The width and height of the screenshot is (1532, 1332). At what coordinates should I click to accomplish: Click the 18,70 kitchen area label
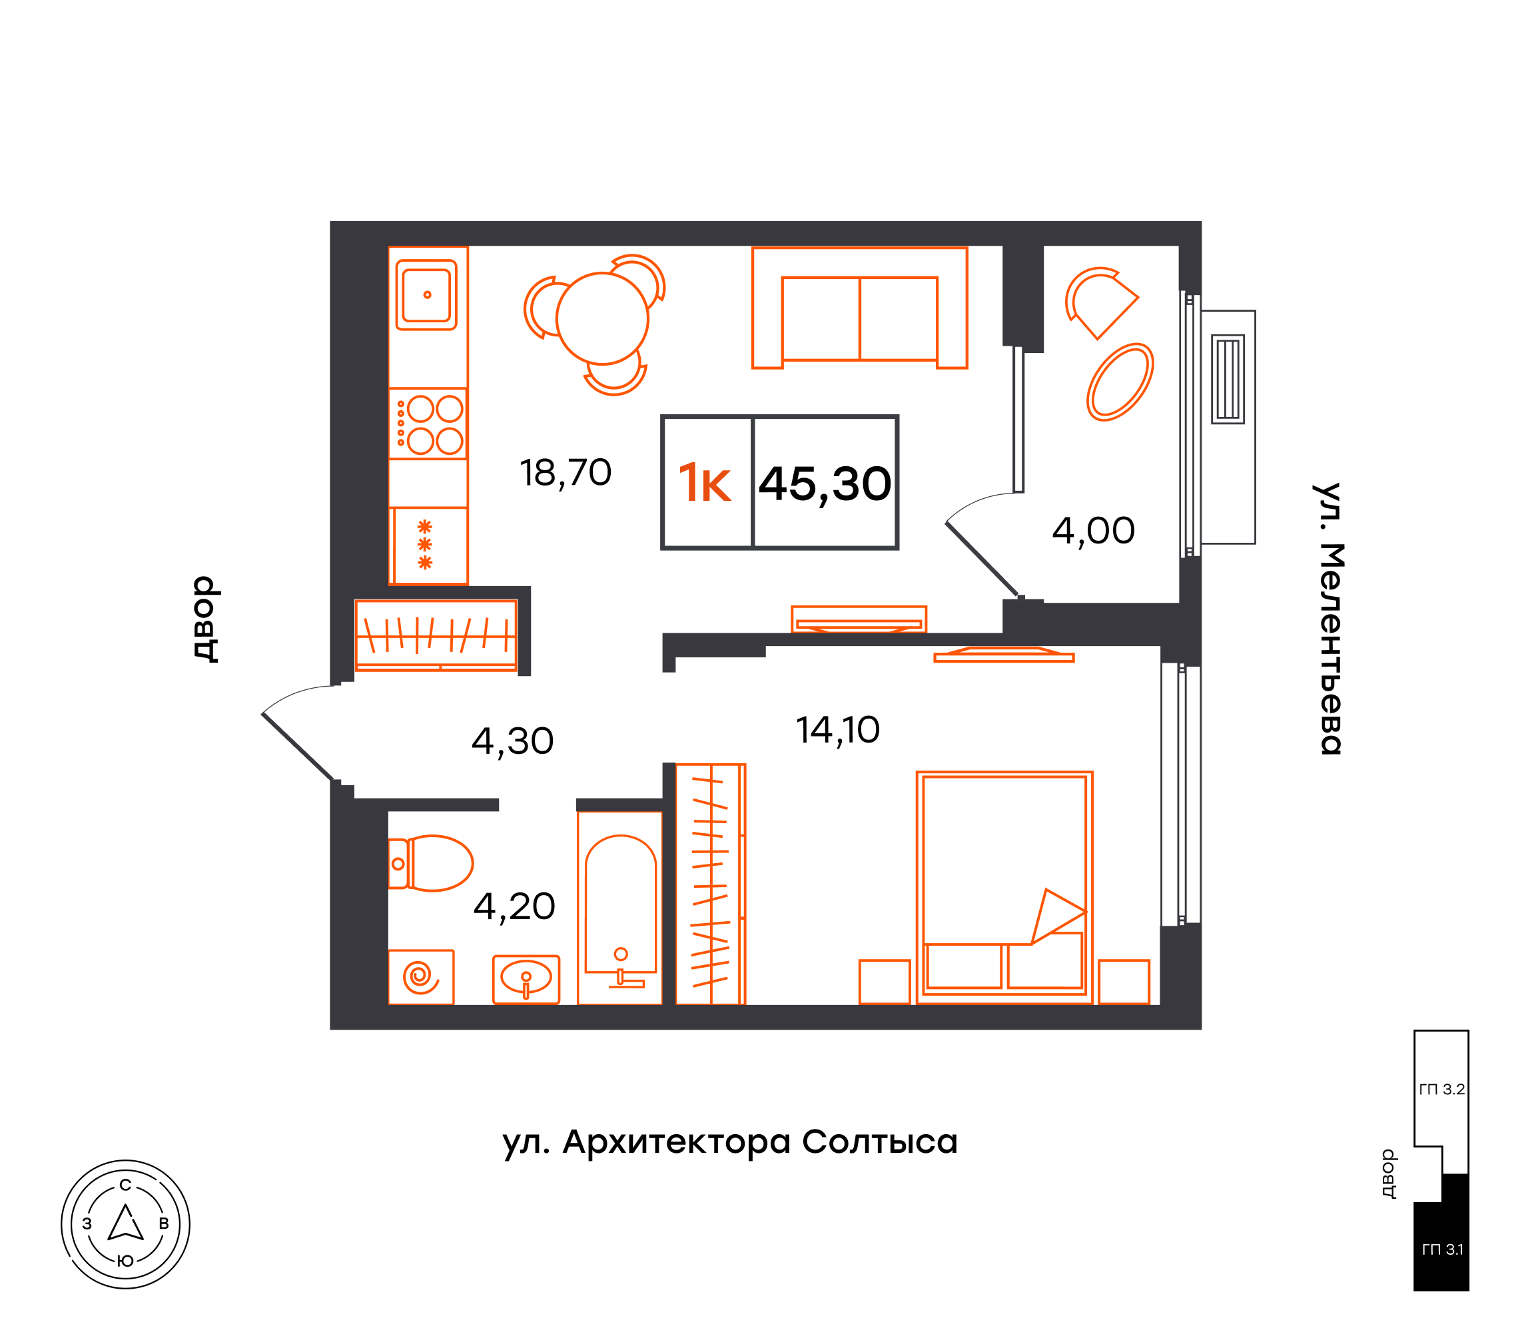pos(566,474)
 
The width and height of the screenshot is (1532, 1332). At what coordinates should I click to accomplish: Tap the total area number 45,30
pos(825,485)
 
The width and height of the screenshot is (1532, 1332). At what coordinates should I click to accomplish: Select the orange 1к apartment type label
pos(705,483)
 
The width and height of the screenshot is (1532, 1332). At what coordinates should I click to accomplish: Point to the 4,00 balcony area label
pos(1094,531)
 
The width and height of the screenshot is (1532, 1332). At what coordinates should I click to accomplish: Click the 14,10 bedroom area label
pos(838,731)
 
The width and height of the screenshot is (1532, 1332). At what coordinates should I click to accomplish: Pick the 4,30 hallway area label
pos(513,742)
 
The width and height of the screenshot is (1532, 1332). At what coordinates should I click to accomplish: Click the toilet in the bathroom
pos(430,863)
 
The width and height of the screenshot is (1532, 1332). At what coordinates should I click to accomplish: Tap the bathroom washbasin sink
pos(526,979)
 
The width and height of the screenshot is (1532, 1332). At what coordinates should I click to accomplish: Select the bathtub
pos(620,908)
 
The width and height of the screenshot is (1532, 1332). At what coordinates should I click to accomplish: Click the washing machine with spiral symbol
pos(421,977)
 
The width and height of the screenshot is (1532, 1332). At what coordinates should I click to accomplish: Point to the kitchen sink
pos(427,294)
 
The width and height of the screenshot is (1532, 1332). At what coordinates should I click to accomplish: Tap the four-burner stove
pos(428,424)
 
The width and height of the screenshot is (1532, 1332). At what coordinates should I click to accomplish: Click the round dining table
pos(603,318)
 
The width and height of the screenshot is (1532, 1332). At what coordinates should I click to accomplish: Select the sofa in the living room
pos(860,308)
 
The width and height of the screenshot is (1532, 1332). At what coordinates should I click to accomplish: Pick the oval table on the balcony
pos(1120,382)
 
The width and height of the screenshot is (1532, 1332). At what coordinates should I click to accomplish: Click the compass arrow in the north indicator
pos(126,1223)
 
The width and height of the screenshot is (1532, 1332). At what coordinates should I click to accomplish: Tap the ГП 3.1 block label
pos(1442,1249)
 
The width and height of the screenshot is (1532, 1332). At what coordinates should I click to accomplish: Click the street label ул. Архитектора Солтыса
pos(730,1142)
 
